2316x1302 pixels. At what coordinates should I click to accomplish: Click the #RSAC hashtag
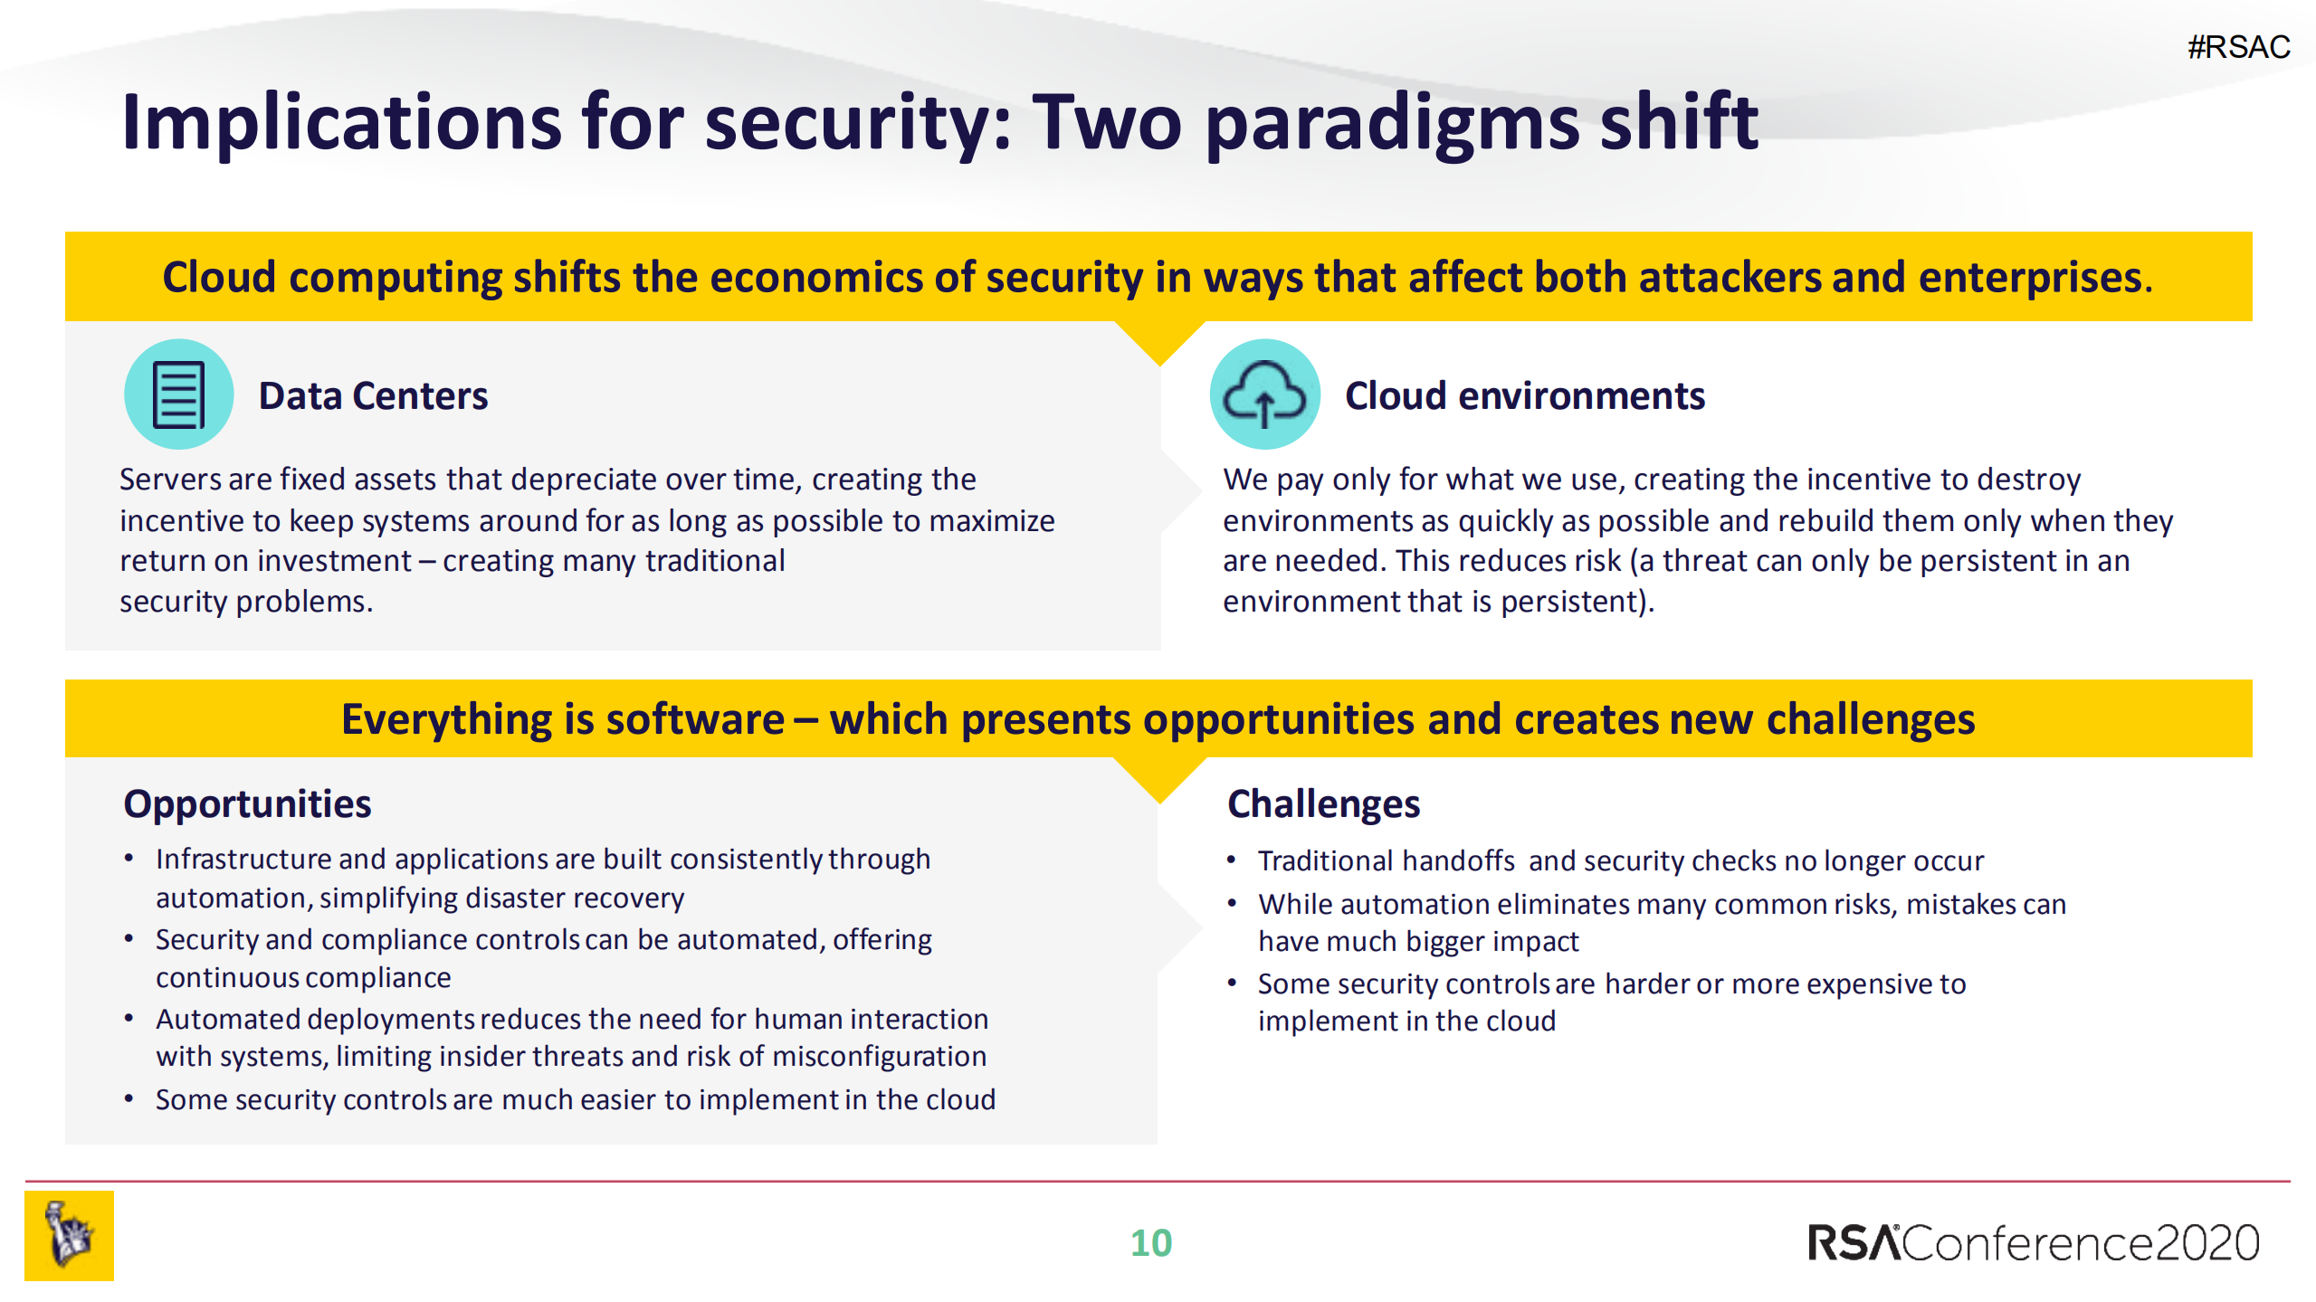coord(2238,47)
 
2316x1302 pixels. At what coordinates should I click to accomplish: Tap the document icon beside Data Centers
coord(178,394)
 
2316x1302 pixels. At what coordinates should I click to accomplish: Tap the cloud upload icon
coord(1264,394)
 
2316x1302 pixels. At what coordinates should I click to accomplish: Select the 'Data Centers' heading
coord(373,396)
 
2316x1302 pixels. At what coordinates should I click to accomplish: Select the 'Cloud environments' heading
coord(1524,396)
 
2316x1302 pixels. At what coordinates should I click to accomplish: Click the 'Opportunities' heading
coord(247,803)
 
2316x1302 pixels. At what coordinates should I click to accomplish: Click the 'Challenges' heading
coord(1323,803)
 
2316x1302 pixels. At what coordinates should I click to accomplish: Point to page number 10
coord(1150,1243)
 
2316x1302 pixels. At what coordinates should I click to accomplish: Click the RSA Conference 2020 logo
coord(2033,1243)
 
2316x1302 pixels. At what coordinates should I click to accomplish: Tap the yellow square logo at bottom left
coord(69,1236)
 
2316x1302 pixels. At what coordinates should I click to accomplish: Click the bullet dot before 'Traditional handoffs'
coord(1231,860)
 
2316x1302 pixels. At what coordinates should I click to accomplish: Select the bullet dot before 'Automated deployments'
coord(129,1019)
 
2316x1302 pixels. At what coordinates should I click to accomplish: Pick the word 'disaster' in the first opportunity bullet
coord(514,898)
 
